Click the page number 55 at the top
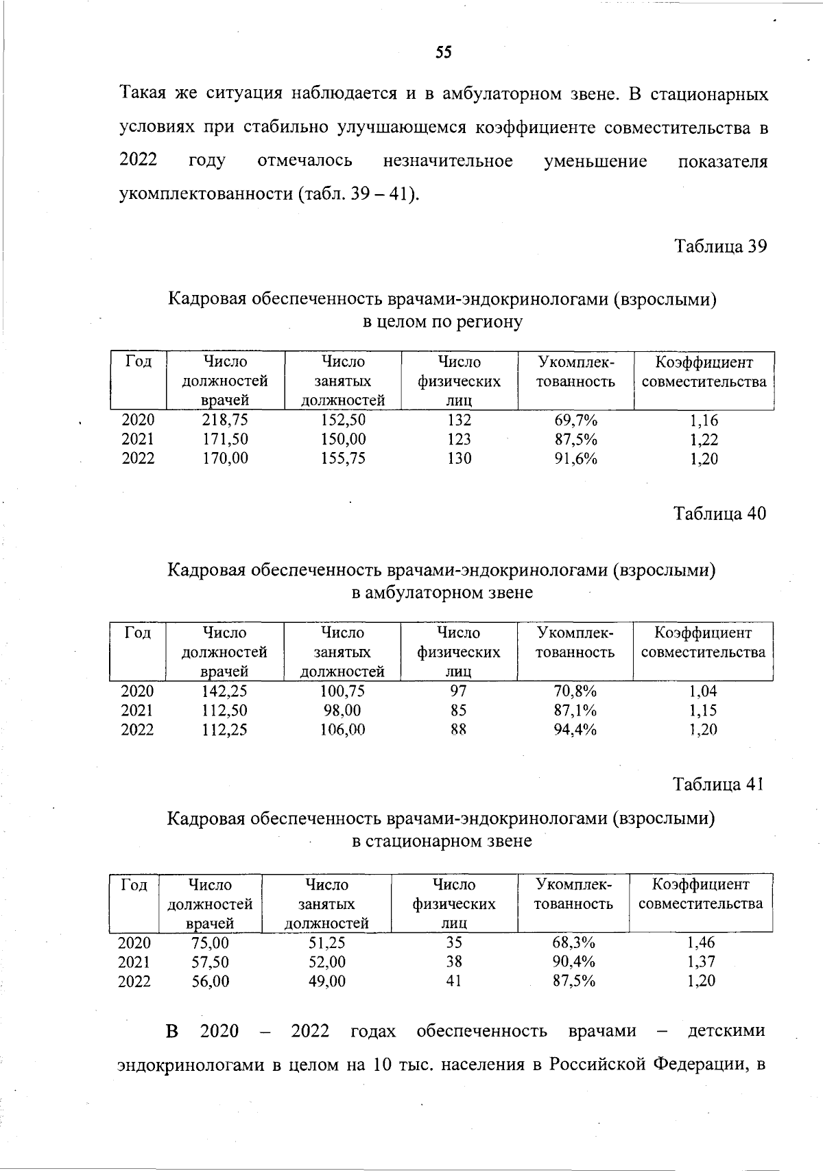[443, 53]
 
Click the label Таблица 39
[720, 246]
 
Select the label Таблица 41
[718, 784]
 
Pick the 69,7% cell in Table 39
[575, 420]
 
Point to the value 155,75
[343, 458]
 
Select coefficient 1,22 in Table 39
[704, 440]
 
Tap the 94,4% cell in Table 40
[575, 729]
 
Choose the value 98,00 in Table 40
[342, 710]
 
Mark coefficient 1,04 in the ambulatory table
[703, 691]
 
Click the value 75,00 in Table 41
[210, 943]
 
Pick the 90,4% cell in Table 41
[573, 962]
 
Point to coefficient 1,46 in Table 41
[701, 943]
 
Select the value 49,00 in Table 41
[327, 981]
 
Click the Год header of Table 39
[139, 362]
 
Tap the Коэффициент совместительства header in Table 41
[700, 894]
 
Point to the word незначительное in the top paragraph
[448, 161]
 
